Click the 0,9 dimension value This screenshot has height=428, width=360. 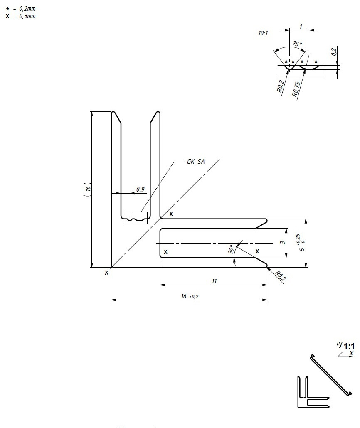pos(141,189)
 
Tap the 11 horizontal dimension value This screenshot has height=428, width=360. pos(214,281)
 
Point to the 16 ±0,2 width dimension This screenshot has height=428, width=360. pos(189,296)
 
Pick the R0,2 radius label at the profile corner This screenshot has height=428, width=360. pos(281,276)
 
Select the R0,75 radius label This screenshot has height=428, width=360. pos(296,89)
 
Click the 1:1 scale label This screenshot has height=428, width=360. pos(349,346)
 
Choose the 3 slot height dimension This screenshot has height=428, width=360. pos(283,243)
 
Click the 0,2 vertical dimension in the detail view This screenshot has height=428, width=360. pos(333,52)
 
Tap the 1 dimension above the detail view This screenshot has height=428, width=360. pos(300,26)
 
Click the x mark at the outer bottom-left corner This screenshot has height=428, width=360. pos(106,273)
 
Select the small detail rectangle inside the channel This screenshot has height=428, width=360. pos(136,218)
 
